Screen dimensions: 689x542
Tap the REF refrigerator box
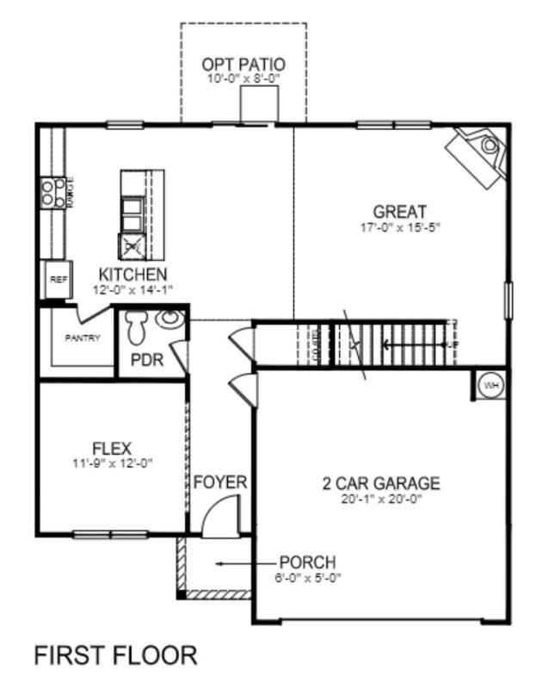58,280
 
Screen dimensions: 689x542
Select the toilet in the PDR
138,328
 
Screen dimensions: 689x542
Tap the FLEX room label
111,448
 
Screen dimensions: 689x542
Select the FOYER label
219,482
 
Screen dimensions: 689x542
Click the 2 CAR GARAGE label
376,482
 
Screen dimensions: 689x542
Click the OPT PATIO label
244,65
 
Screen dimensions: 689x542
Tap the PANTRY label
83,338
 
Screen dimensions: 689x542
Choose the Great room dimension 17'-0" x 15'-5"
400,228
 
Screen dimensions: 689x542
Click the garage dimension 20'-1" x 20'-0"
376,499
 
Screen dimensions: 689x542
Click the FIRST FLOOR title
114,656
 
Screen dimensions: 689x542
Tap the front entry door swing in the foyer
217,519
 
